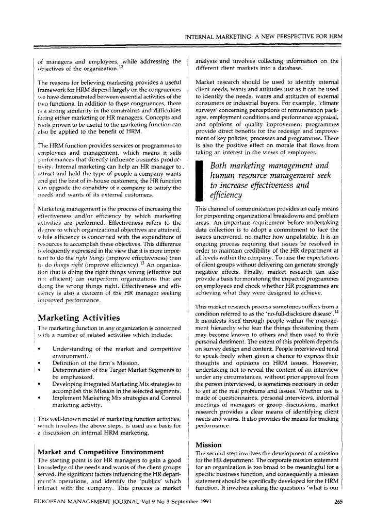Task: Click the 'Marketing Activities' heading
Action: point(79,317)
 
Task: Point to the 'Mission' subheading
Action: point(208,444)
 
